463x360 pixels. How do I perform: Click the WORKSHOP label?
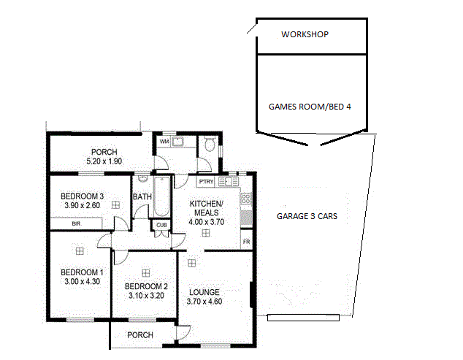click(x=305, y=34)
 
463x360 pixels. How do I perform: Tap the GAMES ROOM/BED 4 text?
click(x=310, y=107)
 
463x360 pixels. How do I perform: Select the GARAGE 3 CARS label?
click(x=307, y=216)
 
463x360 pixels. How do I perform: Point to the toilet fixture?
click(x=210, y=144)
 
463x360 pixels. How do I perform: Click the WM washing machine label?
click(x=164, y=142)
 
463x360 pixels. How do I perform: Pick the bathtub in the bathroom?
click(x=162, y=196)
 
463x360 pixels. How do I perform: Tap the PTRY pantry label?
click(x=206, y=182)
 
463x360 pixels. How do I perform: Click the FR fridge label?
click(x=246, y=242)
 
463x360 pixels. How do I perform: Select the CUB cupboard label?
click(x=161, y=225)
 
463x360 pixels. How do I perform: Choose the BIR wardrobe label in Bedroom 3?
click(x=76, y=224)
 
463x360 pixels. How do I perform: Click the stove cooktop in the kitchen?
click(x=246, y=198)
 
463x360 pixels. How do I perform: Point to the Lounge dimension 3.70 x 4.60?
click(x=204, y=302)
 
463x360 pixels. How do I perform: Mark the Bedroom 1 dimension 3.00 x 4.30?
click(x=82, y=281)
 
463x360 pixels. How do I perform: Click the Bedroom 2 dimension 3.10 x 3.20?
click(x=146, y=295)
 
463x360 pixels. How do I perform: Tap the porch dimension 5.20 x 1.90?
click(x=104, y=161)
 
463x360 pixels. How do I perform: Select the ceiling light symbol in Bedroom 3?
click(x=115, y=205)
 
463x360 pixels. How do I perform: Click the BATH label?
click(x=142, y=196)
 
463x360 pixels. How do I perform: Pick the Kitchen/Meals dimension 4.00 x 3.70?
click(x=207, y=222)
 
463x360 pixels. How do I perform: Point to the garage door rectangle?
click(x=303, y=318)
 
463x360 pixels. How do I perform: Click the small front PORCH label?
click(x=140, y=335)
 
